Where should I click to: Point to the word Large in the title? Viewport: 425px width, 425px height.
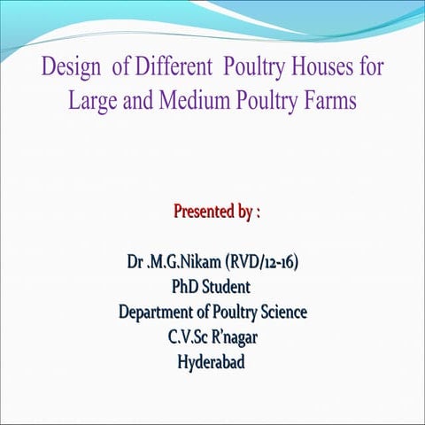pyautogui.click(x=92, y=101)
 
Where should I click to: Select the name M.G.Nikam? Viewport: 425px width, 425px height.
pyautogui.click(x=186, y=263)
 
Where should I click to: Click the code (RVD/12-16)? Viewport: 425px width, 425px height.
pyautogui.click(x=267, y=263)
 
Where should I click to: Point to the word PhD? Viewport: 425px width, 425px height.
pyautogui.click(x=188, y=288)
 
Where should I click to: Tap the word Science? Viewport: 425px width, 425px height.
pyautogui.click(x=281, y=313)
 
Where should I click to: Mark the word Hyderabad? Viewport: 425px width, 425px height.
pyautogui.click(x=212, y=362)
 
